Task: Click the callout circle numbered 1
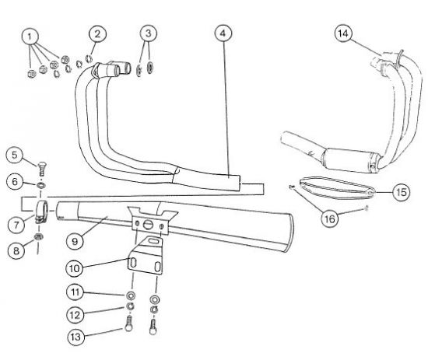31,37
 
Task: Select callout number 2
96,33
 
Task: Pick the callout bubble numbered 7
15,223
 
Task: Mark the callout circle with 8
15,250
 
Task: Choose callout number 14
344,33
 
